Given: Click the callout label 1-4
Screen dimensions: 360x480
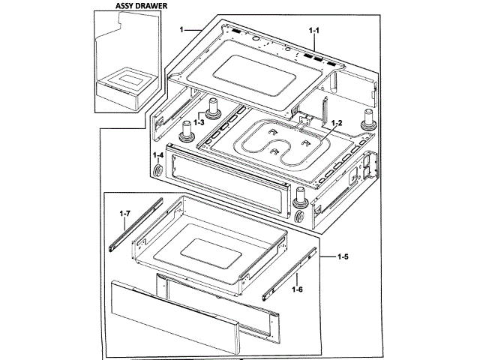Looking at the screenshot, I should [158, 156].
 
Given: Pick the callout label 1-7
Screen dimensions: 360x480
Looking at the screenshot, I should [125, 214].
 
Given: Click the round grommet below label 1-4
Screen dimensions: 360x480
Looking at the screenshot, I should [160, 172].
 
